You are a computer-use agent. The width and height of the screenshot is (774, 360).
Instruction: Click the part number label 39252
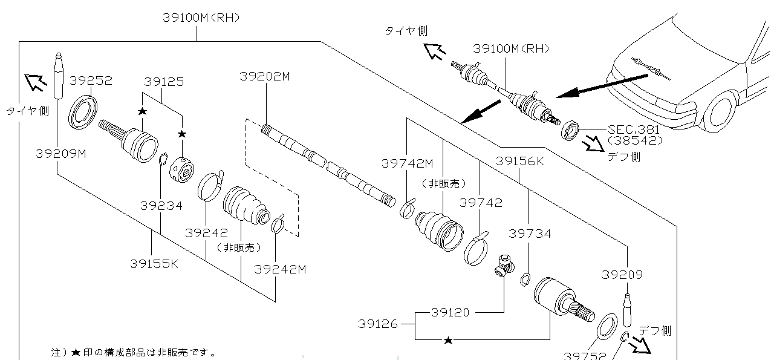click(x=91, y=80)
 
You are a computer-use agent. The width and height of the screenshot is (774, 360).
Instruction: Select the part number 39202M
click(x=265, y=76)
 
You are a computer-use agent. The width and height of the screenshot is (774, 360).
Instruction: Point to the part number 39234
click(x=161, y=206)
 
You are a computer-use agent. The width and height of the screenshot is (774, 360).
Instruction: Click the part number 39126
click(x=377, y=324)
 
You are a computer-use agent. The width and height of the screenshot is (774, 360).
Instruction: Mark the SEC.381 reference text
click(x=634, y=129)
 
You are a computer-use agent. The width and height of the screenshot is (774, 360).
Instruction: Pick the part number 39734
click(x=530, y=234)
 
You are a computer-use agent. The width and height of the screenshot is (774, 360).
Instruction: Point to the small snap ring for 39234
click(x=162, y=161)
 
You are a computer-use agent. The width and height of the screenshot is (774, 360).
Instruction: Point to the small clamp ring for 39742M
click(x=408, y=208)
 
